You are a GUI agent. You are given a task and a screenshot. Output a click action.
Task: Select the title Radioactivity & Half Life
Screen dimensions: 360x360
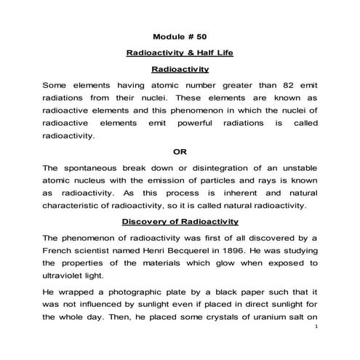pos(180,53)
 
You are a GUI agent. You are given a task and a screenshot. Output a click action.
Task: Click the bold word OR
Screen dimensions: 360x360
pos(180,151)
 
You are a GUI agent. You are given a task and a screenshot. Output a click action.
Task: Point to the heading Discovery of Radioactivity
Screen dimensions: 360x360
pos(180,221)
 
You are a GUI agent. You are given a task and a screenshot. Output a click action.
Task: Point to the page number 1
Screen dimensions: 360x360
pos(318,347)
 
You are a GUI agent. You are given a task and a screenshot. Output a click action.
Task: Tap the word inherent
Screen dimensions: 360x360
pos(228,192)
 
